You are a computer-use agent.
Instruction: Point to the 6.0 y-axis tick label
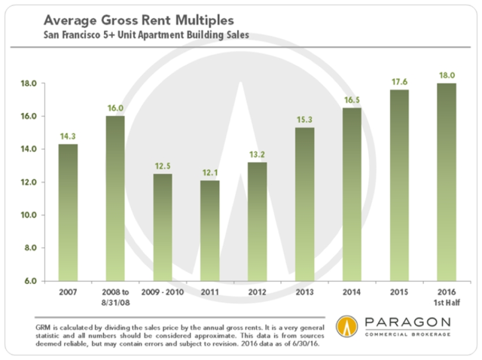point(29,281)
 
